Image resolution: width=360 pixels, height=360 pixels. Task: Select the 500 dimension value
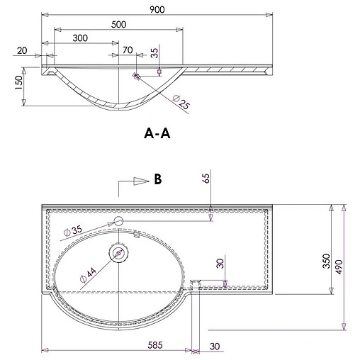point(118,23)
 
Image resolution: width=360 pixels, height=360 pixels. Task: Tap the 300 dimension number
point(80,38)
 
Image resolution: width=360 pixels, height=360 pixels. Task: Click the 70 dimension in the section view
point(128,51)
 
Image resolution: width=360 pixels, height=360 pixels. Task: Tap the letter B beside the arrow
point(159,179)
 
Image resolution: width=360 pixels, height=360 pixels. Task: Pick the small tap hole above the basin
point(118,223)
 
